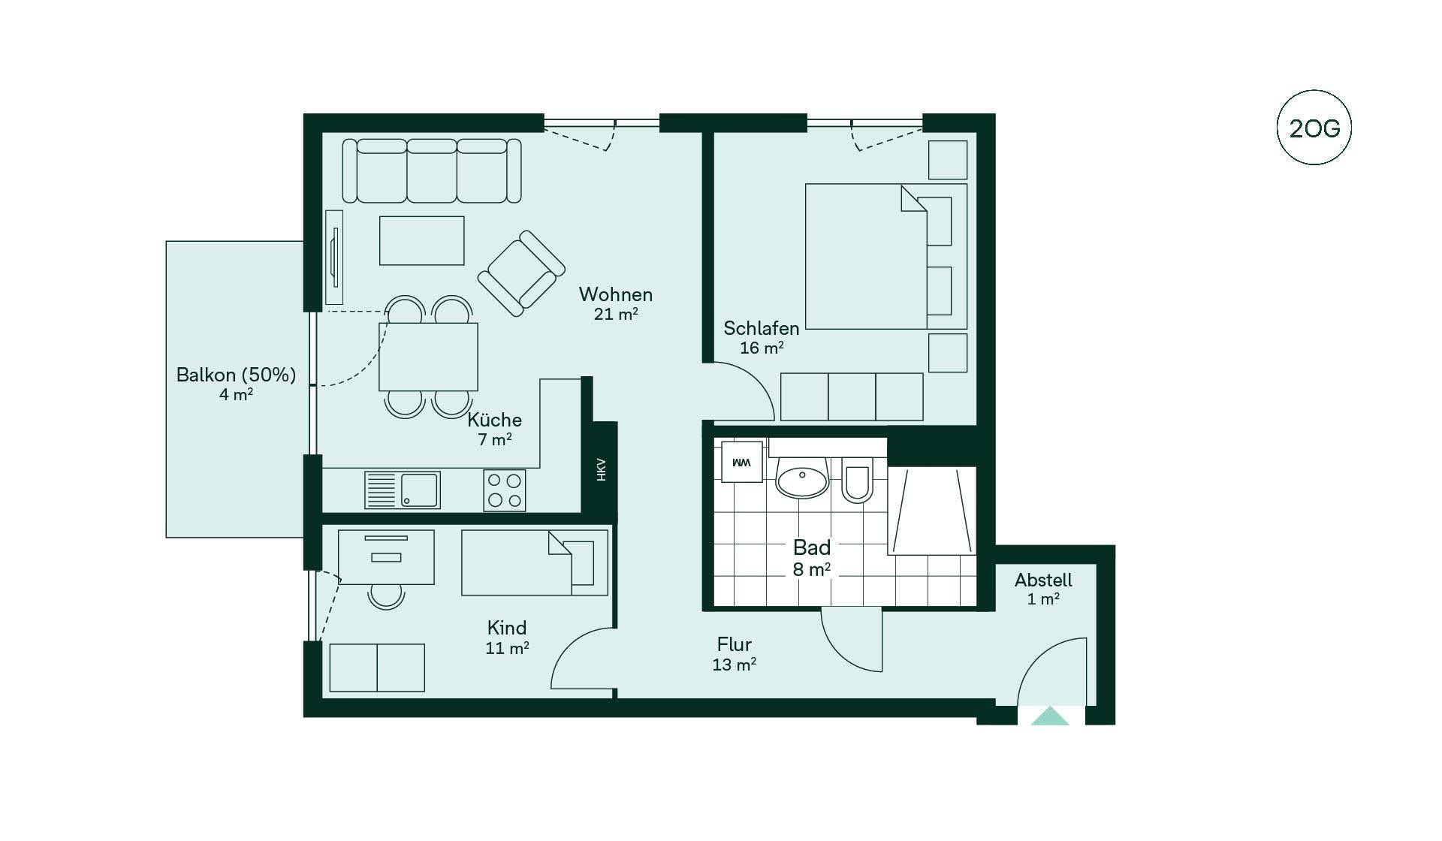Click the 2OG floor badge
(x=1314, y=128)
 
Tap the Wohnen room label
(x=615, y=294)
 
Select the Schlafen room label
(x=761, y=328)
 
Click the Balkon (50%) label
(x=236, y=375)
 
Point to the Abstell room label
(x=1043, y=580)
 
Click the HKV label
(x=601, y=469)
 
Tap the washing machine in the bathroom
(x=741, y=462)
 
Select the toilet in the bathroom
(x=856, y=479)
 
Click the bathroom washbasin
(x=802, y=479)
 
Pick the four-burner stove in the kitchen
(x=504, y=490)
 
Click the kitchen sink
(x=402, y=490)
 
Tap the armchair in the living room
(x=521, y=273)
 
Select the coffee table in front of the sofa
(x=421, y=240)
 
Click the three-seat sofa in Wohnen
(x=432, y=170)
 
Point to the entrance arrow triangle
(x=1050, y=716)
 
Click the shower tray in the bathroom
(x=931, y=511)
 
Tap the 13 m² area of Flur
(x=734, y=665)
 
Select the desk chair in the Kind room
(x=386, y=596)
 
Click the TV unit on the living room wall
(x=334, y=257)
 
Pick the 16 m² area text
(x=762, y=348)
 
